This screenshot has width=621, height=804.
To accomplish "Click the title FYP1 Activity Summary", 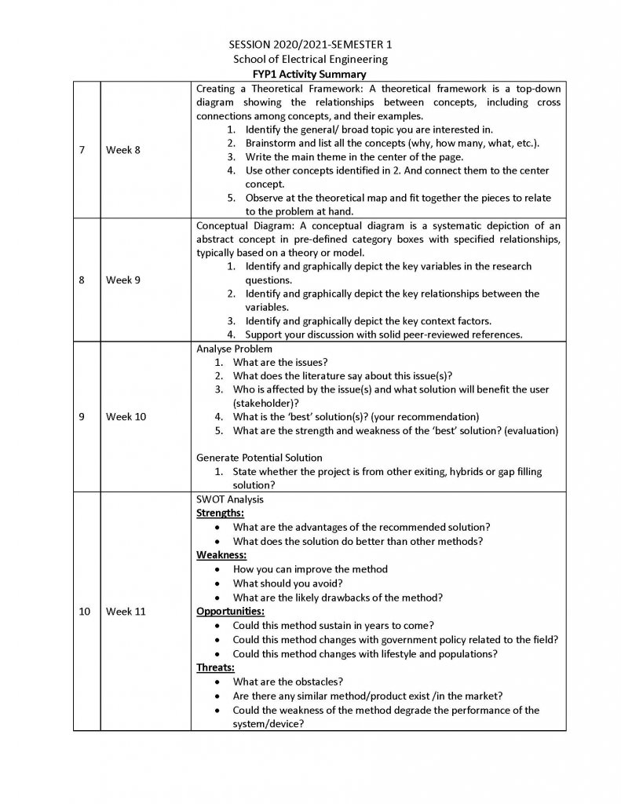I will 310,74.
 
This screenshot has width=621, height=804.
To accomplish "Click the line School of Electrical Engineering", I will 310,60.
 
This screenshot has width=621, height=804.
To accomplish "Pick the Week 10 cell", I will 126,416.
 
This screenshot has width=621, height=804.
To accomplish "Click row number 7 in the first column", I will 82,150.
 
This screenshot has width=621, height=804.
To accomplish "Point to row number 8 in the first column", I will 82,280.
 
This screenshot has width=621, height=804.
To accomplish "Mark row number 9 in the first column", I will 82,416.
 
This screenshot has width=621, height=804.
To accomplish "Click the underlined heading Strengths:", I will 220,513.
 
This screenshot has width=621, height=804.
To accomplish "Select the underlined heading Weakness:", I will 221,555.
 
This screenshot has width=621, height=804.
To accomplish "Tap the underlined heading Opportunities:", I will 230,612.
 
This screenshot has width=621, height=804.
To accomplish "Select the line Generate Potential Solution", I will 259,458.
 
